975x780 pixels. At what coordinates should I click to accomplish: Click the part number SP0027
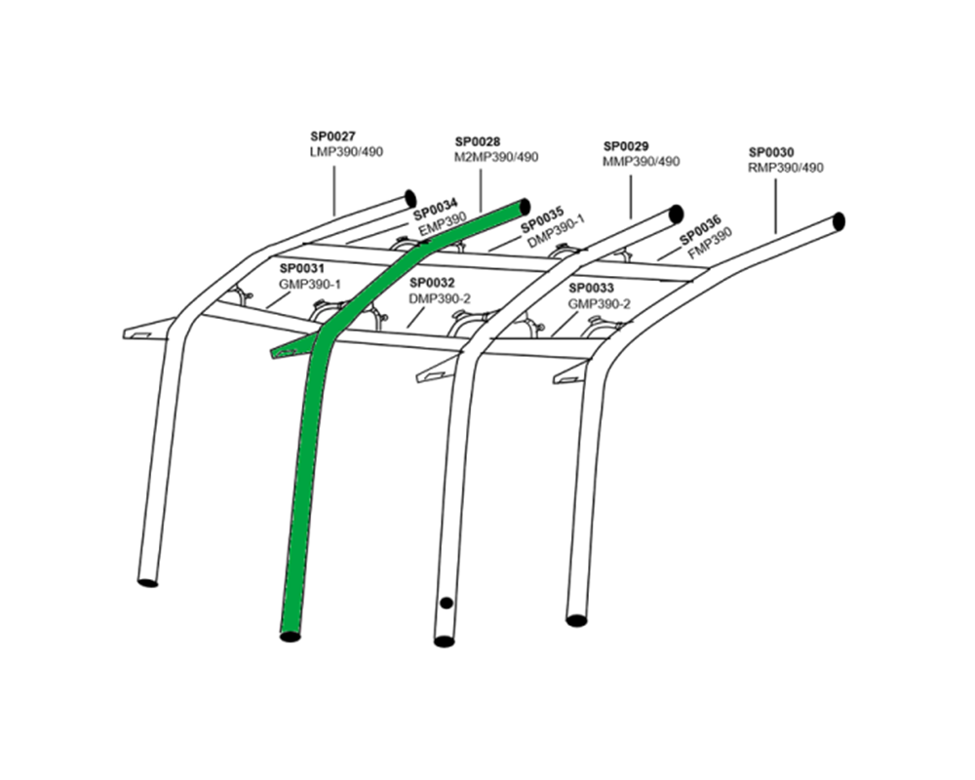point(331,138)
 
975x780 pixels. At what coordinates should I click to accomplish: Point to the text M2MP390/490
point(496,156)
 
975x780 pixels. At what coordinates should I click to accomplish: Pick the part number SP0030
point(771,152)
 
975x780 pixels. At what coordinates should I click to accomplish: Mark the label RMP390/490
point(786,167)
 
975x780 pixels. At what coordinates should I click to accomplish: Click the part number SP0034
point(436,214)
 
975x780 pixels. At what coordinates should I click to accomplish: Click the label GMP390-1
point(310,283)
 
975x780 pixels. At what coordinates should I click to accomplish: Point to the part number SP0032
point(431,283)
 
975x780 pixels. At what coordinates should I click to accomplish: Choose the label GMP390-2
point(600,303)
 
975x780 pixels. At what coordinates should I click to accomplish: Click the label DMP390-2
point(439,298)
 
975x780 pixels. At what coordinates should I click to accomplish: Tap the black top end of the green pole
point(525,207)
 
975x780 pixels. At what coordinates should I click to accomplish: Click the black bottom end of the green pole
point(290,637)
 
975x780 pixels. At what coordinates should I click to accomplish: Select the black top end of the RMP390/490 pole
point(838,221)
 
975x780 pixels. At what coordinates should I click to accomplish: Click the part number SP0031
point(302,267)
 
